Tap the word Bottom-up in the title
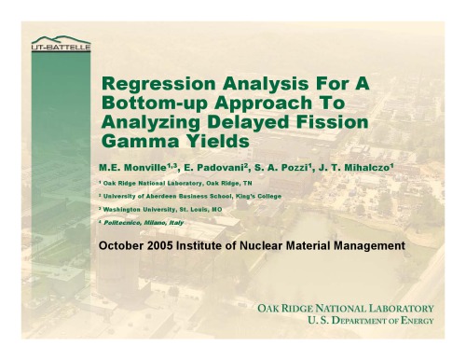click(149, 103)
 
